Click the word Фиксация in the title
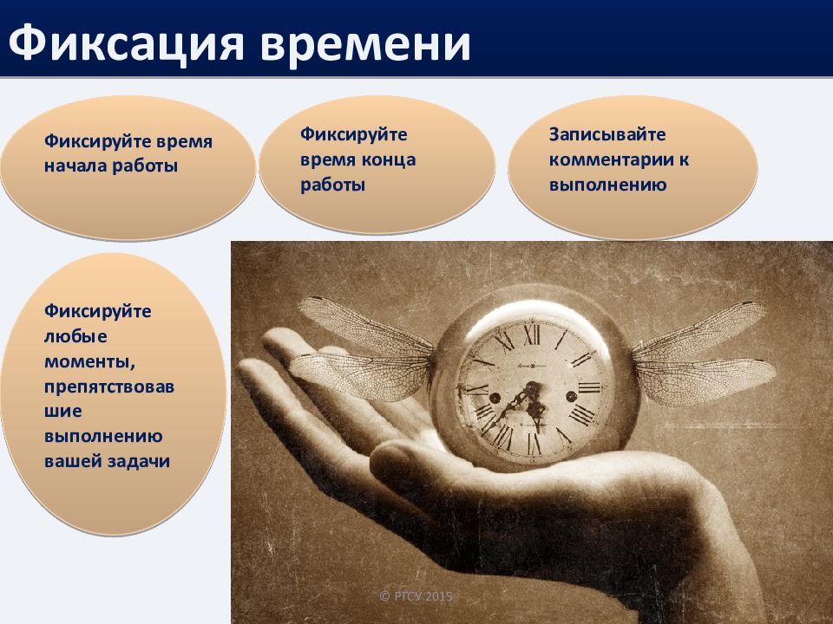click(126, 43)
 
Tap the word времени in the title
click(365, 44)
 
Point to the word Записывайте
click(607, 134)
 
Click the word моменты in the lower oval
click(89, 362)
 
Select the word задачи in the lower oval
click(139, 462)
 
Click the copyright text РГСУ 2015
click(416, 596)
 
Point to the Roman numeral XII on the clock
click(531, 335)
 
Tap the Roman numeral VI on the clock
click(534, 444)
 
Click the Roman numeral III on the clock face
click(590, 387)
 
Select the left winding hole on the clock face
click(495, 398)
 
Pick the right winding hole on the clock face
click(572, 396)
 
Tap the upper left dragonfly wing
click(365, 325)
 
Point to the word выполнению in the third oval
click(607, 185)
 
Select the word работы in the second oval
click(332, 185)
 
